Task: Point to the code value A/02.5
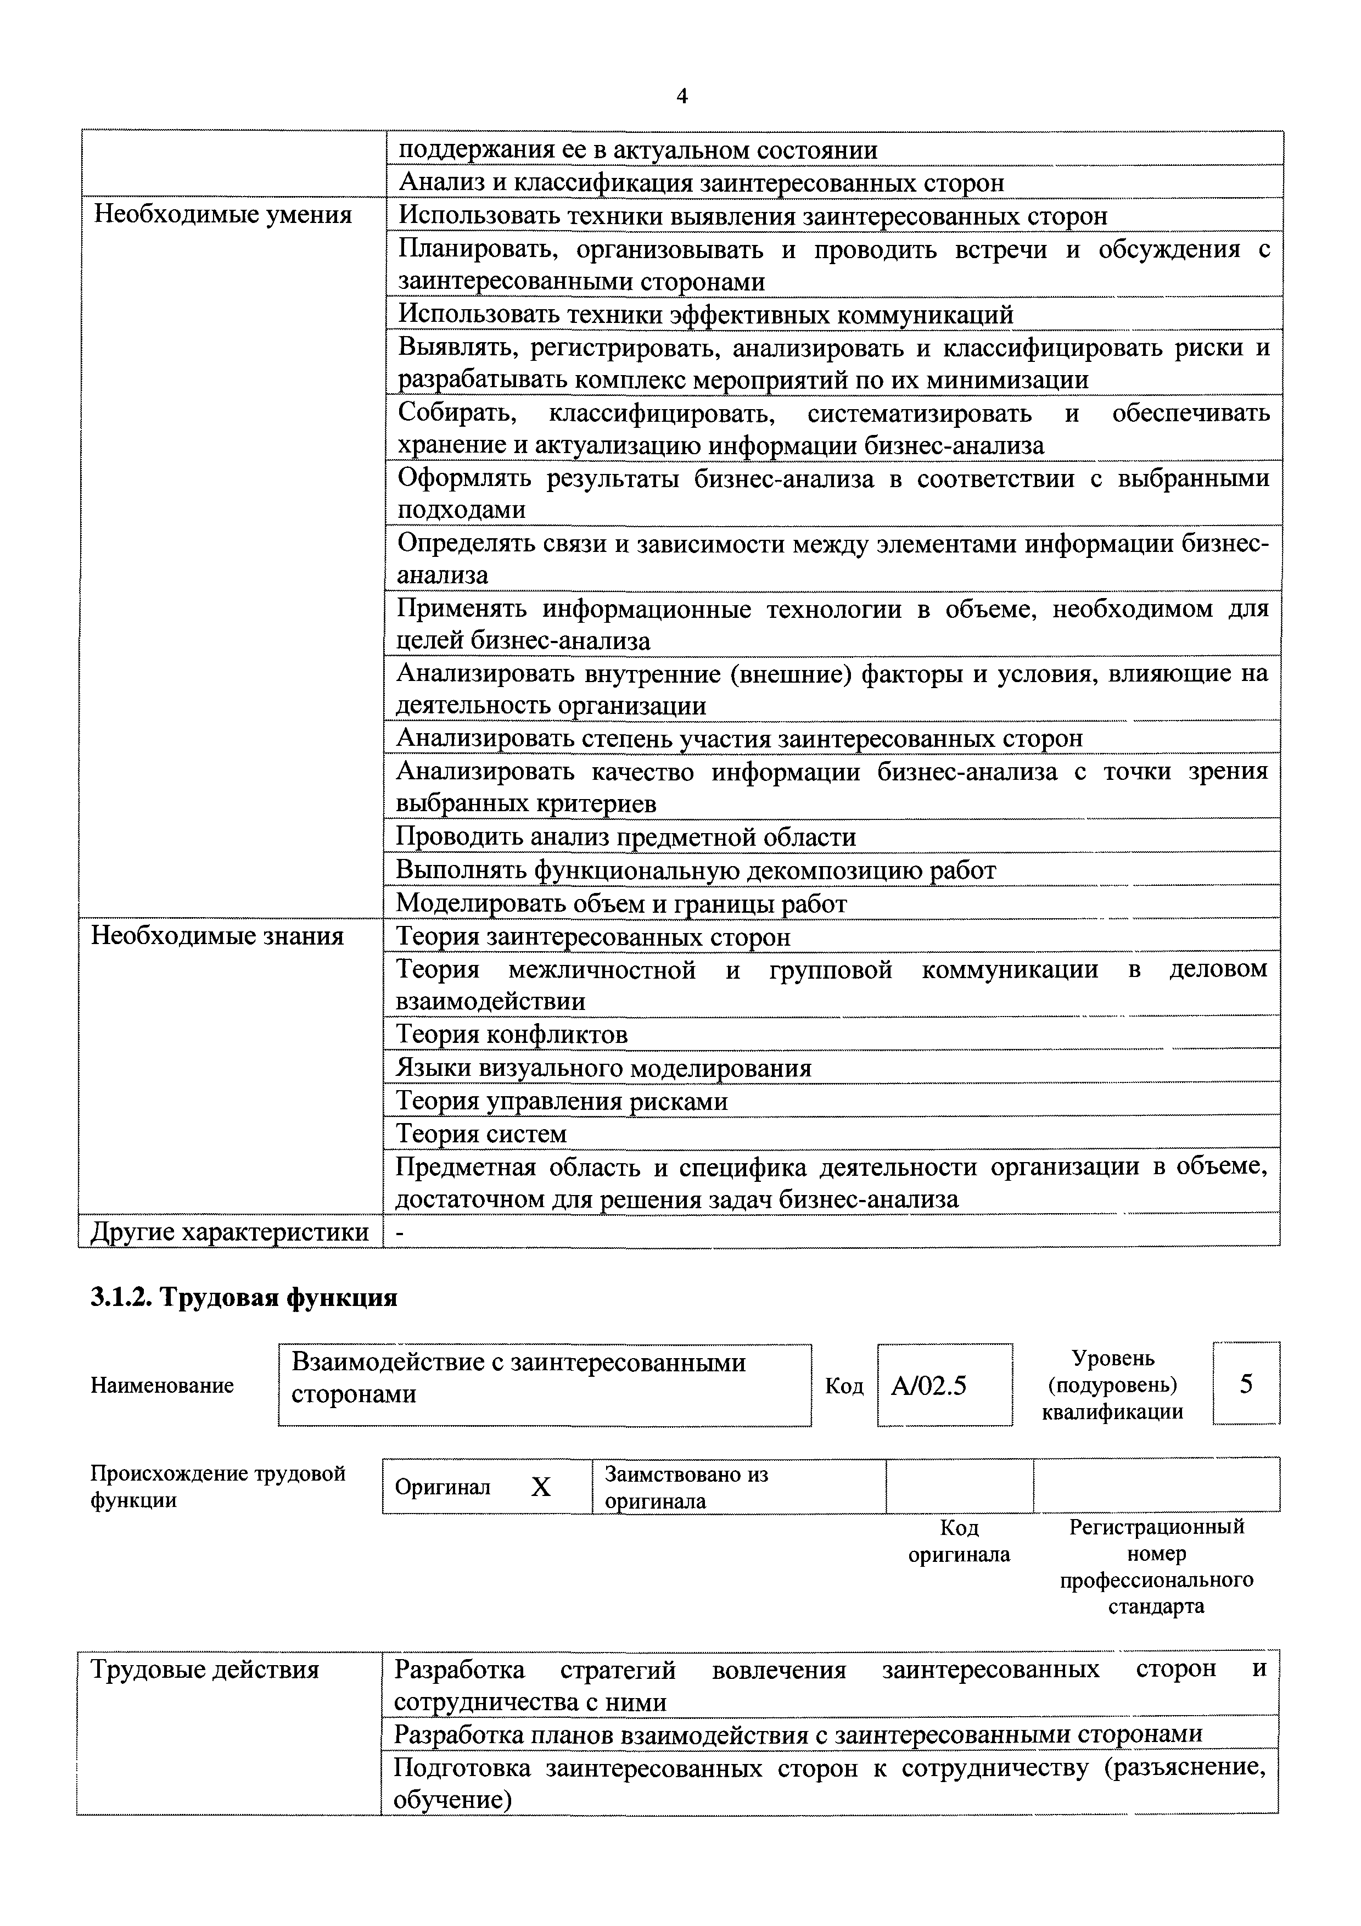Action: (x=928, y=1385)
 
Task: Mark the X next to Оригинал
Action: (x=541, y=1487)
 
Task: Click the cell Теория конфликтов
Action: (x=512, y=1034)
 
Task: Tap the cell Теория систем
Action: (x=481, y=1134)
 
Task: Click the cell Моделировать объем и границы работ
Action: (x=620, y=903)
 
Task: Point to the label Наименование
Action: (x=162, y=1386)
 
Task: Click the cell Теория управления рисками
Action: (x=561, y=1101)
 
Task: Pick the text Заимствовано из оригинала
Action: (x=686, y=1487)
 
